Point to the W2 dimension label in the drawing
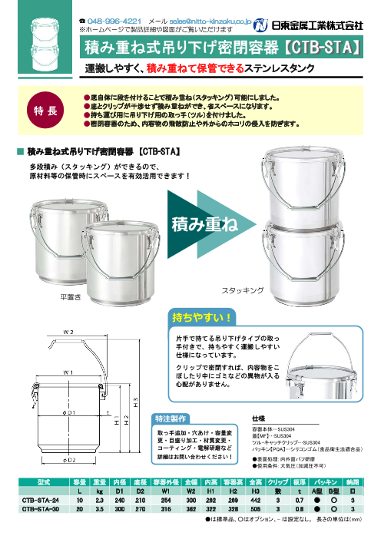[69, 332]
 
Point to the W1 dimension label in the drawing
[68, 372]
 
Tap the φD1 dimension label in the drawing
[68, 413]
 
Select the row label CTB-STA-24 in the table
[41, 498]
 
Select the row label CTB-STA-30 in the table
[41, 508]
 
